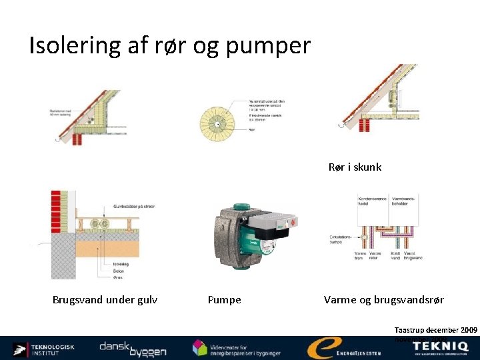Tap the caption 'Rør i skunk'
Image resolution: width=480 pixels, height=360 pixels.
pos(355,167)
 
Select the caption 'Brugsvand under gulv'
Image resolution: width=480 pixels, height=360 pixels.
pos(105,300)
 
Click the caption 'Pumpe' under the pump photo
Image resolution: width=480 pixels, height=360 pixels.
pos(225,300)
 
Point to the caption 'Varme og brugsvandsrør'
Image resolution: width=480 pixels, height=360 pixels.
pos(384,300)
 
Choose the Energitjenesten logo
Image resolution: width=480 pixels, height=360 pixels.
pos(343,349)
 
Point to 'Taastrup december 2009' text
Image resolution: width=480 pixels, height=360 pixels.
pos(435,329)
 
